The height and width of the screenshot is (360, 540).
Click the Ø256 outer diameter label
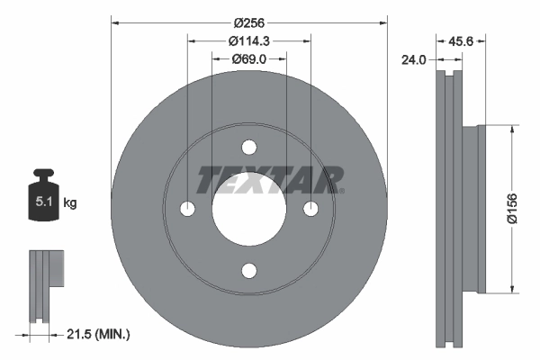click(248, 22)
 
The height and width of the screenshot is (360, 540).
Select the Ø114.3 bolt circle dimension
click(248, 40)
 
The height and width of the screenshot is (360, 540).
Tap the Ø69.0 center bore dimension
click(248, 58)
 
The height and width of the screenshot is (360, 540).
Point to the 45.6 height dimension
click(461, 41)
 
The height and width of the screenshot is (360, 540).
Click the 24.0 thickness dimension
click(415, 60)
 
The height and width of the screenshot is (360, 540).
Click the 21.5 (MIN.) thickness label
click(100, 335)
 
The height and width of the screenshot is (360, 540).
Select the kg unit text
click(70, 204)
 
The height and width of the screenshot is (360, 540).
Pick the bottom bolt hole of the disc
click(249, 271)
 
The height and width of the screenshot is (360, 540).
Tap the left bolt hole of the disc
click(188, 210)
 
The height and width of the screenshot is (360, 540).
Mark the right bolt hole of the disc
click(310, 210)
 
